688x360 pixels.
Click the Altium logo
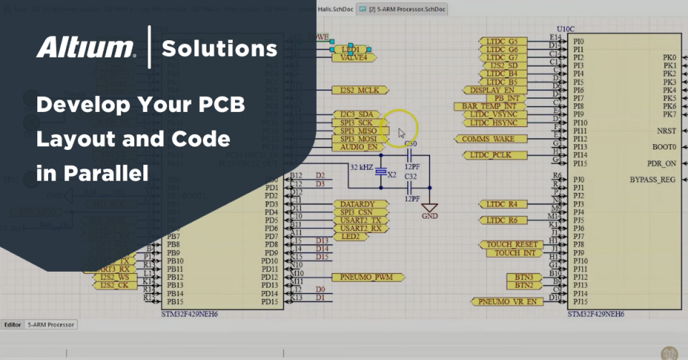pyautogui.click(x=86, y=48)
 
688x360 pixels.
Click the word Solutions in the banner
pyautogui.click(x=219, y=49)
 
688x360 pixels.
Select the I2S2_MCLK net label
pyautogui.click(x=360, y=90)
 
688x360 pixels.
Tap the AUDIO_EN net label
pyautogui.click(x=358, y=147)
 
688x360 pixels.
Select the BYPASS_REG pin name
pyautogui.click(x=652, y=179)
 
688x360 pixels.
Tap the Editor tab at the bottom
pyautogui.click(x=12, y=325)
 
